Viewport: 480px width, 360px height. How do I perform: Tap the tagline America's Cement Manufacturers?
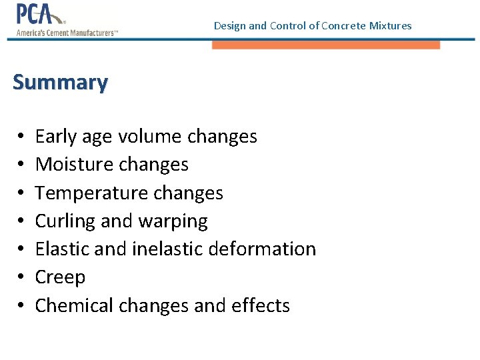click(67, 33)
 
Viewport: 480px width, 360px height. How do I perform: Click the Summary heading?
click(60, 83)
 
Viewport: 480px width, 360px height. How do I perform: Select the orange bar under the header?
click(326, 45)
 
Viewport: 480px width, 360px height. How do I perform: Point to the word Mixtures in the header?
click(389, 26)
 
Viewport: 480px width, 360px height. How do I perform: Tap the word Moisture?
click(75, 165)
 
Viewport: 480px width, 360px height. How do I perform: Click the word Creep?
click(60, 277)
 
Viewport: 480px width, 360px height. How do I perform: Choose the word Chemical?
click(74, 305)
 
